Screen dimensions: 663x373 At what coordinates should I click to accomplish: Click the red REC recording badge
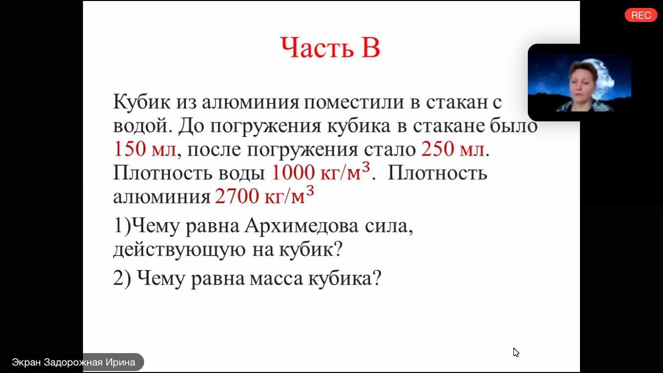[x=641, y=15]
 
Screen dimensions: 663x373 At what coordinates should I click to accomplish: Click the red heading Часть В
[x=330, y=47]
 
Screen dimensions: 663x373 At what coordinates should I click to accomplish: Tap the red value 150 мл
[x=145, y=149]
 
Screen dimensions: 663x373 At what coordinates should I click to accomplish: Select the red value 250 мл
[x=453, y=149]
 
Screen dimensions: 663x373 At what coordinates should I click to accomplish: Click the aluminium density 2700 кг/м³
[x=264, y=195]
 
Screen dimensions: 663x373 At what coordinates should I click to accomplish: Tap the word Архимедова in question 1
[x=302, y=226]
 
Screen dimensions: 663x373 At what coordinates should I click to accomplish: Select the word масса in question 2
[x=276, y=279]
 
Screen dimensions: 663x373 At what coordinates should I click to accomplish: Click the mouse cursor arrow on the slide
[x=516, y=352]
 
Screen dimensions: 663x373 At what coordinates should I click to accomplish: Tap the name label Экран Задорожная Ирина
[x=74, y=362]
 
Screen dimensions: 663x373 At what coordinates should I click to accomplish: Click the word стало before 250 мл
[x=390, y=150]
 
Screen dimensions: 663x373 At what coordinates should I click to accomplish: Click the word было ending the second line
[x=513, y=125]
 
